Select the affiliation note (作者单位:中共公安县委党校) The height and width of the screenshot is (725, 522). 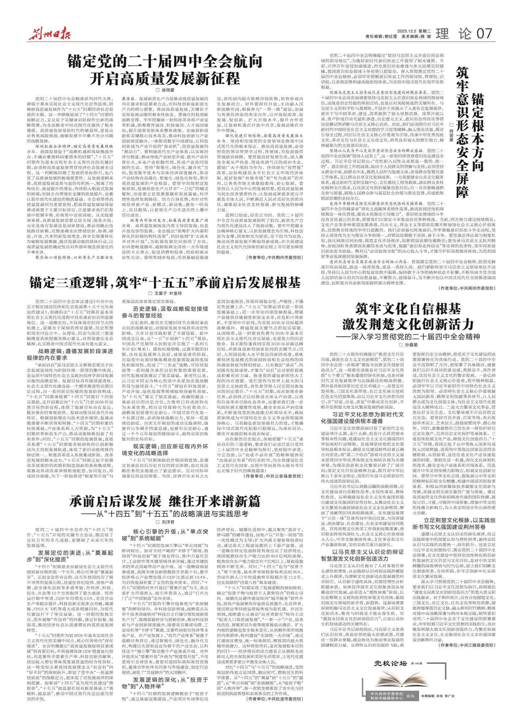273,485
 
